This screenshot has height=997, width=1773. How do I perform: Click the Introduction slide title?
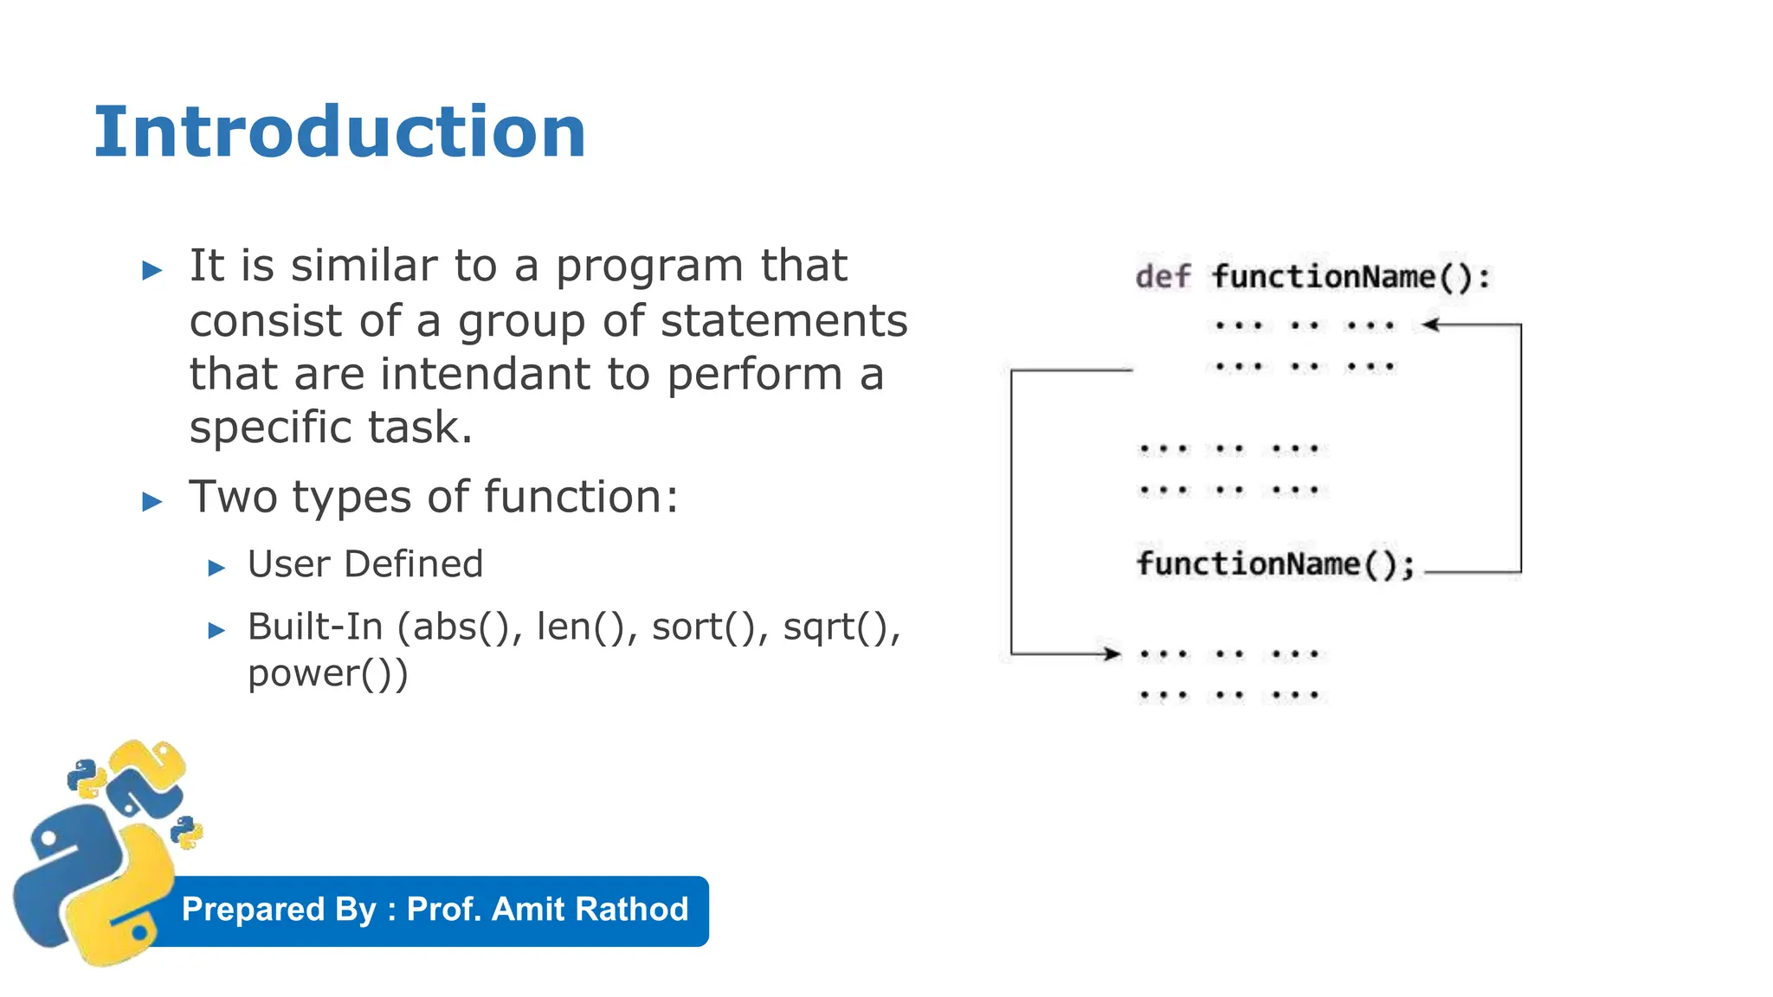pos(339,132)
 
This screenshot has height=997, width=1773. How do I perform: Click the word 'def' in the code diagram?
pos(1163,277)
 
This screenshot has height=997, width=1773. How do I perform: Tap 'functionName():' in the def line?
pos(1351,277)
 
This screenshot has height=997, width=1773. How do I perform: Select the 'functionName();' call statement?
pos(1275,564)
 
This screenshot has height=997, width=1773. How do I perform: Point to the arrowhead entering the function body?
pos(1430,325)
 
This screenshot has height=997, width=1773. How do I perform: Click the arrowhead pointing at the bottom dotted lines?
pos(1112,653)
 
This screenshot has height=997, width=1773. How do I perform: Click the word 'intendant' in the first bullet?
pos(486,374)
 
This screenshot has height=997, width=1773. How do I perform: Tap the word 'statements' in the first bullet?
pos(783,320)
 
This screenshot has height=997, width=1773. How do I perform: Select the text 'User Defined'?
pos(365,564)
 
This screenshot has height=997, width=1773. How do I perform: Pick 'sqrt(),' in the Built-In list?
pos(841,627)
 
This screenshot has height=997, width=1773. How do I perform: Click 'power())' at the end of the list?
pos(327,673)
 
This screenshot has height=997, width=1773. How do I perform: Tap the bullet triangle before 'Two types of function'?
pos(152,501)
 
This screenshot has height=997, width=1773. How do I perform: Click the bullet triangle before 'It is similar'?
pos(152,270)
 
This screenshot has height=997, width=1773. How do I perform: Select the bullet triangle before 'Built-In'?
pos(216,631)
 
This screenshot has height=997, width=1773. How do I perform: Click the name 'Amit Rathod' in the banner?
pos(590,910)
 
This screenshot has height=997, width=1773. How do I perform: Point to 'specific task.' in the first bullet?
pos(331,428)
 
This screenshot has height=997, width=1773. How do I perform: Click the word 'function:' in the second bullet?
pos(580,497)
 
